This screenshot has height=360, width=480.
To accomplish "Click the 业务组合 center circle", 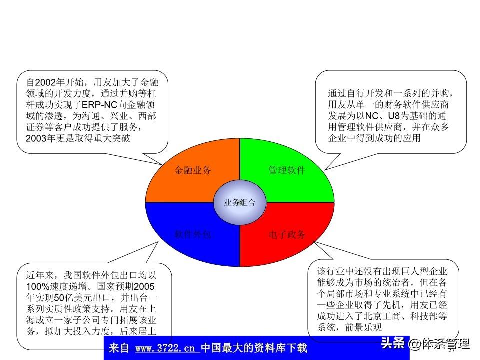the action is [239, 202].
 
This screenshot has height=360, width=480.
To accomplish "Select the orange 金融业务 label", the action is [193, 170].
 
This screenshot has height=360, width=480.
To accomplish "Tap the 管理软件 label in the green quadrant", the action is [287, 170].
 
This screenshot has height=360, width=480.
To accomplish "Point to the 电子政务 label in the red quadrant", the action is [287, 235].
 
